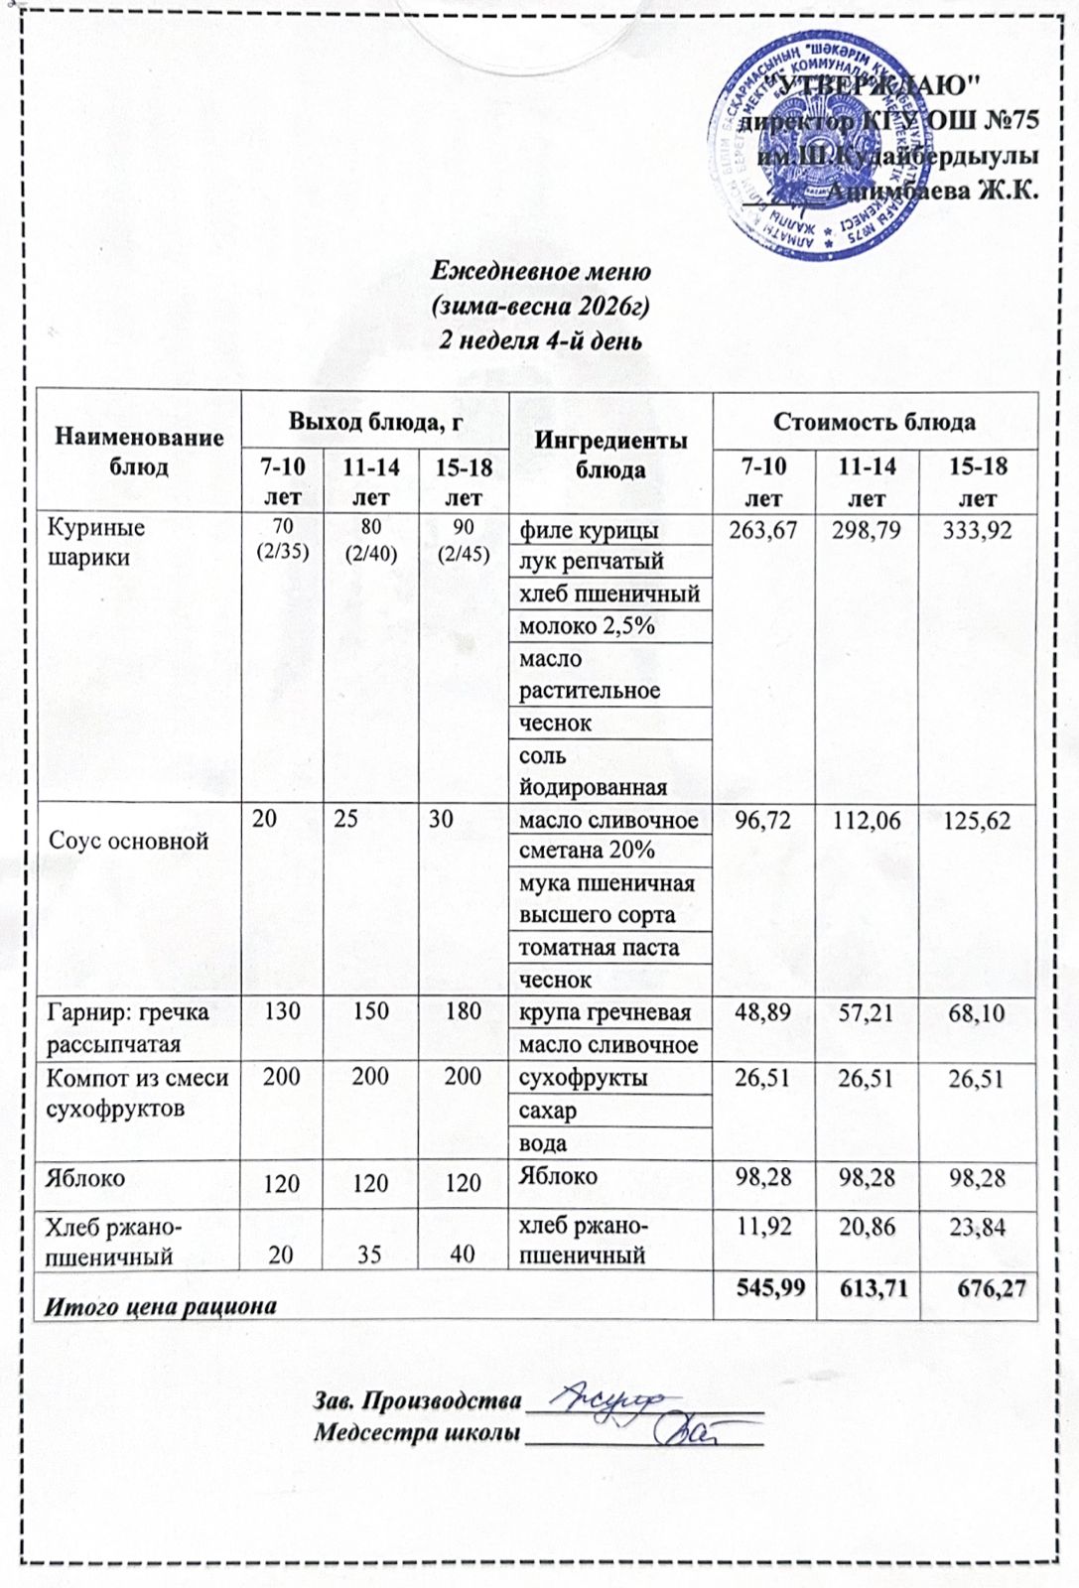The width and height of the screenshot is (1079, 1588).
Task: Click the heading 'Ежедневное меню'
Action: pos(541,270)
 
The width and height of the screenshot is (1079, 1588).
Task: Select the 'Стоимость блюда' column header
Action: pos(875,422)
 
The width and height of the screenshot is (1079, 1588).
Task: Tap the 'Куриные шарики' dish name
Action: pos(96,542)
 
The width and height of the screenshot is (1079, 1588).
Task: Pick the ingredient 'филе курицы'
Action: pos(589,530)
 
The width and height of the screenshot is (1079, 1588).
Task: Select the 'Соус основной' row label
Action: pos(129,841)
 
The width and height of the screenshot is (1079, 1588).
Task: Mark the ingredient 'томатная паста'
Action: pos(599,948)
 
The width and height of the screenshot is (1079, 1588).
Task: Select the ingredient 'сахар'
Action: pos(548,1111)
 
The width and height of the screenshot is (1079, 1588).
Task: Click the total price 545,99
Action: pos(763,1288)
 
